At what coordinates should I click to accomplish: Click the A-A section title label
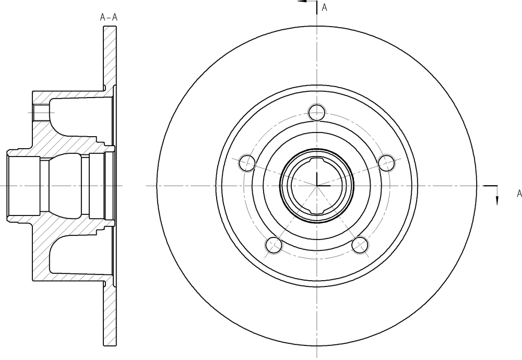(x=109, y=17)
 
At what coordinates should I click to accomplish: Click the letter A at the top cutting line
(x=325, y=8)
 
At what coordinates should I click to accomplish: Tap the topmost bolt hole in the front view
(x=317, y=113)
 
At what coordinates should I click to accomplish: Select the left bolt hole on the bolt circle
(x=247, y=163)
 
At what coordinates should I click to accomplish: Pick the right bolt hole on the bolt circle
(x=386, y=163)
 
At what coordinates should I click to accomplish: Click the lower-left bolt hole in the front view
(x=274, y=245)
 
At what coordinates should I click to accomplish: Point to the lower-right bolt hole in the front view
(x=360, y=245)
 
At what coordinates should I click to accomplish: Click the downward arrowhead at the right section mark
(x=497, y=201)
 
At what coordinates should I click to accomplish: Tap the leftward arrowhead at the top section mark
(x=302, y=2)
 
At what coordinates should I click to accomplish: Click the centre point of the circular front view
(x=317, y=186)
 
